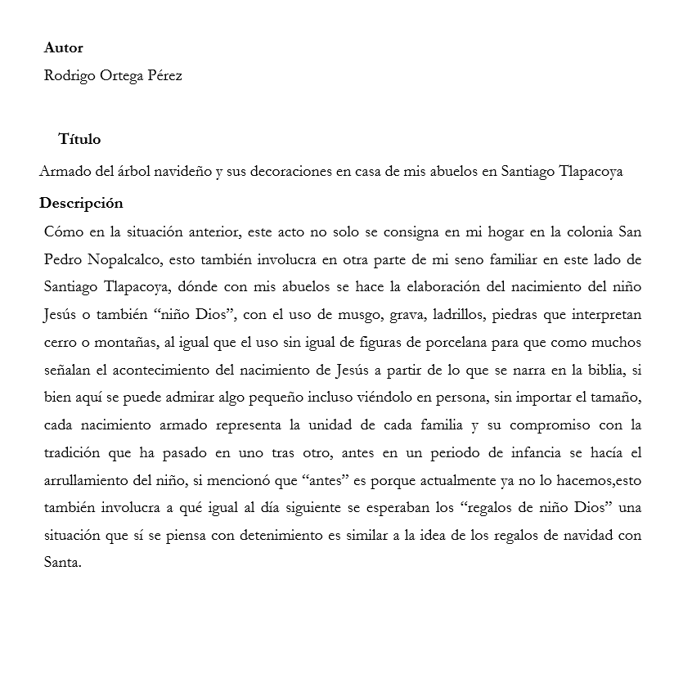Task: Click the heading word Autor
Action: (x=63, y=48)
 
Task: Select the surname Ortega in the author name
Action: (x=118, y=76)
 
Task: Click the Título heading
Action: (x=79, y=140)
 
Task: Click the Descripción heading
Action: (x=81, y=204)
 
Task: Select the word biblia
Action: (x=601, y=371)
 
